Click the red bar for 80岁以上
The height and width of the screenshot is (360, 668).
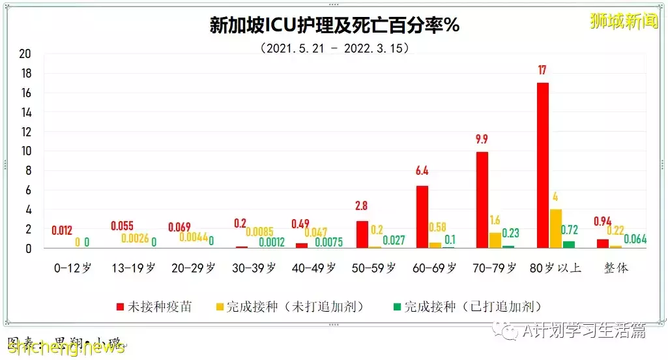click(x=542, y=166)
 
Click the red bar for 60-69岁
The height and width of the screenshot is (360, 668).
click(x=422, y=217)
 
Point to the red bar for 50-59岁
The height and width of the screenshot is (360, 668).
click(x=362, y=234)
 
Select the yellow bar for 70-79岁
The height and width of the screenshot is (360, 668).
click(x=495, y=240)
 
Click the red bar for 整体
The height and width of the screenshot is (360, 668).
click(x=603, y=243)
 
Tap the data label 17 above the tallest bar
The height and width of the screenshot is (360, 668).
click(x=542, y=70)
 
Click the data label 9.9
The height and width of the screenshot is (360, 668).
click(x=482, y=139)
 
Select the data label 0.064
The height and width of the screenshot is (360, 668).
click(x=635, y=239)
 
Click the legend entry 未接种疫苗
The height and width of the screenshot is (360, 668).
click(x=154, y=307)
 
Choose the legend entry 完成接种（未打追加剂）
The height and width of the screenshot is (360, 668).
click(x=295, y=307)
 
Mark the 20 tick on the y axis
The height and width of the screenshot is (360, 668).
click(x=25, y=53)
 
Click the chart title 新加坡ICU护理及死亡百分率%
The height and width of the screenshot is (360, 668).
click(x=334, y=25)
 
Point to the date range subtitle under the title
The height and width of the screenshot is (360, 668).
click(x=334, y=48)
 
